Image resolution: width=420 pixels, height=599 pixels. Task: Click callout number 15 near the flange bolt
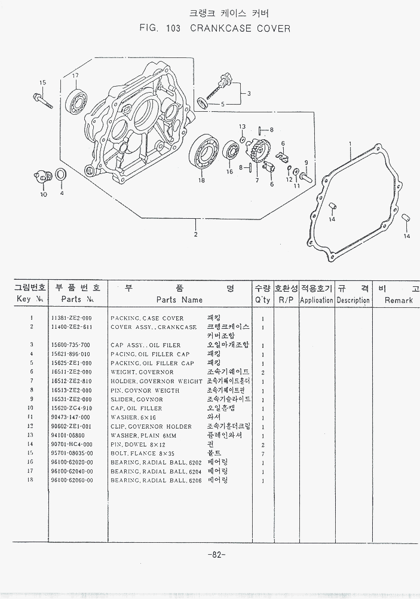pyautogui.click(x=42, y=82)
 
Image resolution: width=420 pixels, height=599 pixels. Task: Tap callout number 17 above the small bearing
pyautogui.click(x=76, y=75)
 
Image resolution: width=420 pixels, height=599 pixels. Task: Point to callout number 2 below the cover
pyautogui.click(x=195, y=234)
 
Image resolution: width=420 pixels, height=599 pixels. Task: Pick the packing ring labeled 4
pyautogui.click(x=60, y=176)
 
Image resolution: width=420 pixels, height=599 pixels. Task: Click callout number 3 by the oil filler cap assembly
pyautogui.click(x=249, y=93)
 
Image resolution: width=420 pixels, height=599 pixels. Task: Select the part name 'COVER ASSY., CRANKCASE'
pyautogui.click(x=154, y=327)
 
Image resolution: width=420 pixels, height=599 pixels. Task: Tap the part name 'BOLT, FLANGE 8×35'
pyautogui.click(x=141, y=453)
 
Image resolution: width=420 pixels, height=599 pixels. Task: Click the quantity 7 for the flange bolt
pyautogui.click(x=263, y=453)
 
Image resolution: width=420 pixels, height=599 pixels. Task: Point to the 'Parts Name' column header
pyautogui.click(x=179, y=299)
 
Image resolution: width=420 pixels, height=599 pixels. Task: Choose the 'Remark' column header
pyautogui.click(x=398, y=300)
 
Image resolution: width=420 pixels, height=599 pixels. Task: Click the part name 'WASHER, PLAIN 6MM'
pyautogui.click(x=142, y=435)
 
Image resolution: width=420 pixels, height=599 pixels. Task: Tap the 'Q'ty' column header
pyautogui.click(x=262, y=299)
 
